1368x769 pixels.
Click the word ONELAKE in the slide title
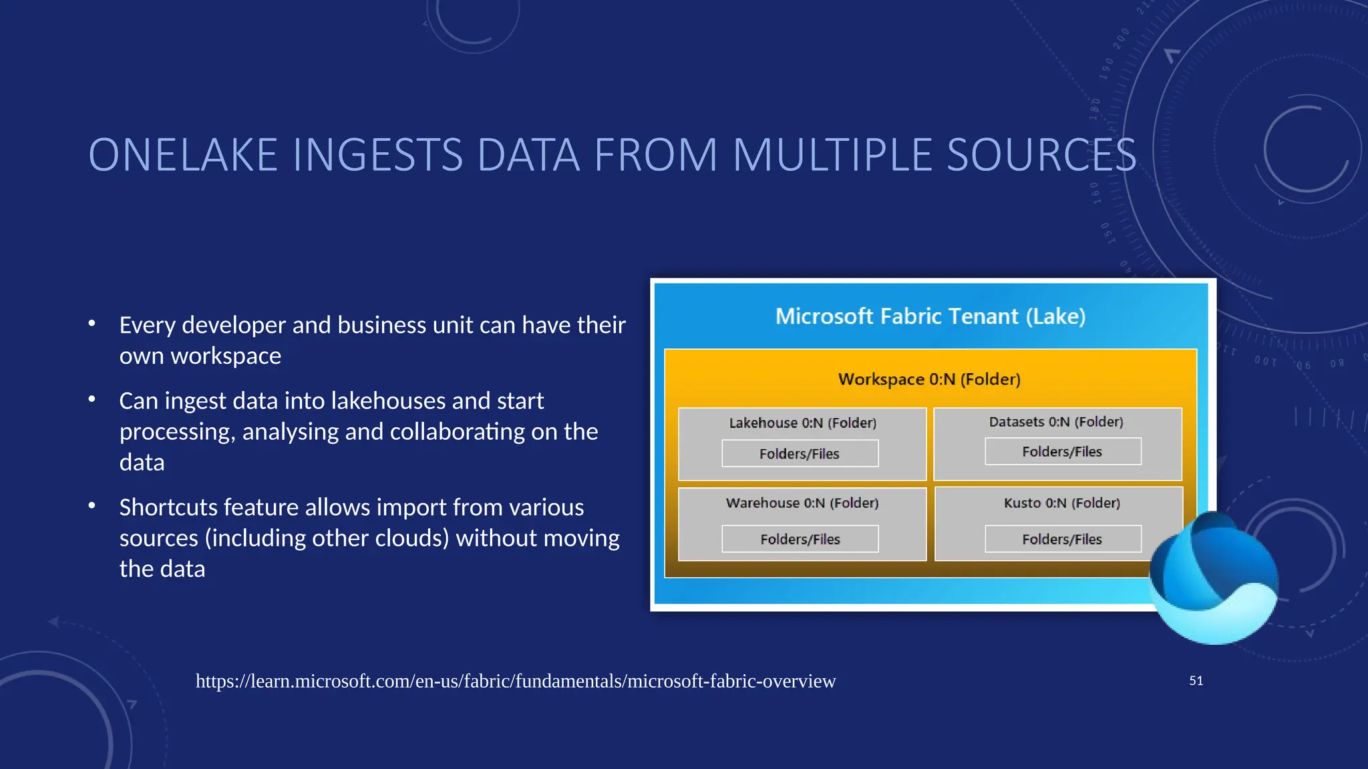[182, 156]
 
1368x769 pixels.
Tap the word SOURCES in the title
[1041, 156]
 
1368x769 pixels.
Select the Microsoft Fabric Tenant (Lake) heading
[930, 316]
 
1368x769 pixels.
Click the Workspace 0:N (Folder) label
[929, 379]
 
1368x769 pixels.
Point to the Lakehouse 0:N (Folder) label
[802, 423]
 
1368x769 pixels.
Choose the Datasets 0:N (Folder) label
[1056, 422]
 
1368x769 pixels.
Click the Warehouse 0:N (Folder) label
[802, 503]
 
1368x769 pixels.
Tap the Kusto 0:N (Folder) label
[1061, 503]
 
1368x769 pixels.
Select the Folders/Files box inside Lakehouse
[800, 454]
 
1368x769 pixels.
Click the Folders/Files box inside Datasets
[1062, 452]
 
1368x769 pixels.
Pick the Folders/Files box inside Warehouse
[800, 539]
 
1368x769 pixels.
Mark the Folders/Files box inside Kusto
[1062, 539]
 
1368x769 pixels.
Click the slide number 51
[1196, 681]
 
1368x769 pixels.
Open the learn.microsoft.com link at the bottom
[515, 681]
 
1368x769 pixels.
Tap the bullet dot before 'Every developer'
[92, 324]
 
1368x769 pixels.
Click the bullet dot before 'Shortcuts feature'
[92, 506]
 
